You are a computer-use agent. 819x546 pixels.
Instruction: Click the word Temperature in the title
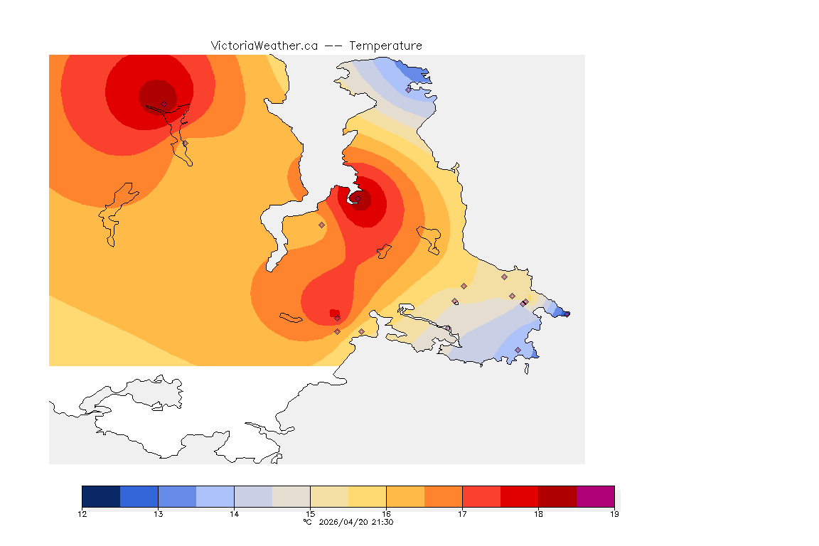[x=385, y=45]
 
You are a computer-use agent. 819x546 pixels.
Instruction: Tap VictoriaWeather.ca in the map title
[x=264, y=45]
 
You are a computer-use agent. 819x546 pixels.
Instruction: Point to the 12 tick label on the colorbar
[x=82, y=514]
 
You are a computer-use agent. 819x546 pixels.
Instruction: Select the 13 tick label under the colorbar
[x=158, y=514]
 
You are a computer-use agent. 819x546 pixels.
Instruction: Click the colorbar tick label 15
[x=310, y=514]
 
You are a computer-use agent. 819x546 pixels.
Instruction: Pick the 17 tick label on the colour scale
[x=462, y=514]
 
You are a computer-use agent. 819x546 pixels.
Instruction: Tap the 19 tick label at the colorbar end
[x=614, y=514]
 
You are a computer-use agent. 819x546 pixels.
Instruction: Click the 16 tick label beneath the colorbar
[x=386, y=514]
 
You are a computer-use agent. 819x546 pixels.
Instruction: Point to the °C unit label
[x=307, y=523]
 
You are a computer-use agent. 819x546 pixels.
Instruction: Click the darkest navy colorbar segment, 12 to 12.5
[x=101, y=496]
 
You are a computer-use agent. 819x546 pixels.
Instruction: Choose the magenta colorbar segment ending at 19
[x=595, y=496]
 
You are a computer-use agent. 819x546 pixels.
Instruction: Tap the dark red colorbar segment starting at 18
[x=557, y=496]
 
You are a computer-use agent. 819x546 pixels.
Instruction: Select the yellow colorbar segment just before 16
[x=367, y=496]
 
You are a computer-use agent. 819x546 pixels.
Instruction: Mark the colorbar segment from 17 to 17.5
[x=481, y=496]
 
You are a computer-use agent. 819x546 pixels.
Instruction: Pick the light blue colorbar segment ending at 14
[x=215, y=496]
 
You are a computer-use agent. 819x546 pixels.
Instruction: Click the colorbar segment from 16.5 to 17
[x=443, y=496]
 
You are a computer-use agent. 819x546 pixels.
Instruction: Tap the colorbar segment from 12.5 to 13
[x=139, y=496]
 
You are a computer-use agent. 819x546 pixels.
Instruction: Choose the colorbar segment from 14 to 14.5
[x=253, y=496]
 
